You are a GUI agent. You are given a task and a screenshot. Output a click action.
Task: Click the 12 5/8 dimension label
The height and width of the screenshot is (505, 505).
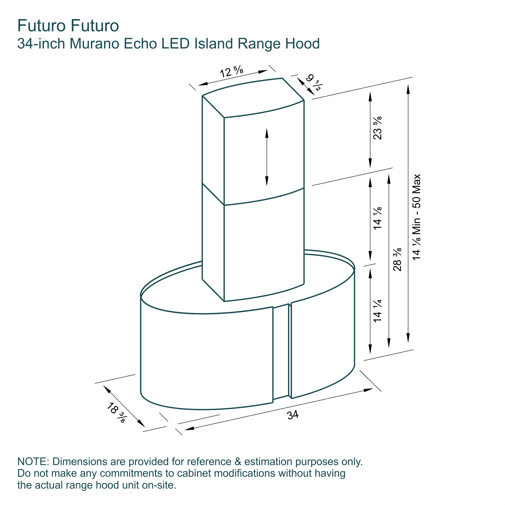coord(232,72)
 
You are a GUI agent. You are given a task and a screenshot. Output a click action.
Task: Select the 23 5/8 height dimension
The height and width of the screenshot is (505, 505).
coord(377,128)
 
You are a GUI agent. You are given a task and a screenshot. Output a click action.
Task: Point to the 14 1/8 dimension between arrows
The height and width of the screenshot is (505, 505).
coord(377,218)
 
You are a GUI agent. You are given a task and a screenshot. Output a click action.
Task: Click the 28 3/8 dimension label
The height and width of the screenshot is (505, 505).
coord(397,259)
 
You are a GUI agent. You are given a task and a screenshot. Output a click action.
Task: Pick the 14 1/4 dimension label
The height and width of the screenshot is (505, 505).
coord(377,311)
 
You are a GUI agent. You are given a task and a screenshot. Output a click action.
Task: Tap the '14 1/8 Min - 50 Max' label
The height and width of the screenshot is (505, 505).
coord(416,217)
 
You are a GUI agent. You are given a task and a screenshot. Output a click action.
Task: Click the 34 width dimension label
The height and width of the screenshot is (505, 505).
coord(292,415)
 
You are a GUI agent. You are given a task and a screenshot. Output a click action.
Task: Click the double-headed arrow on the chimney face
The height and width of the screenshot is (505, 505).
coord(267,157)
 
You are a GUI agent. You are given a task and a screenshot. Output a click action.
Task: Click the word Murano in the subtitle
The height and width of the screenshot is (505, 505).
coord(95,44)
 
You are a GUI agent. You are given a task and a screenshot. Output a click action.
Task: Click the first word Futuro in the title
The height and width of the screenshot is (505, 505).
coord(41,26)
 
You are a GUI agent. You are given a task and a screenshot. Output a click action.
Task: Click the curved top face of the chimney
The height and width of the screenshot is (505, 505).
coord(253,98)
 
